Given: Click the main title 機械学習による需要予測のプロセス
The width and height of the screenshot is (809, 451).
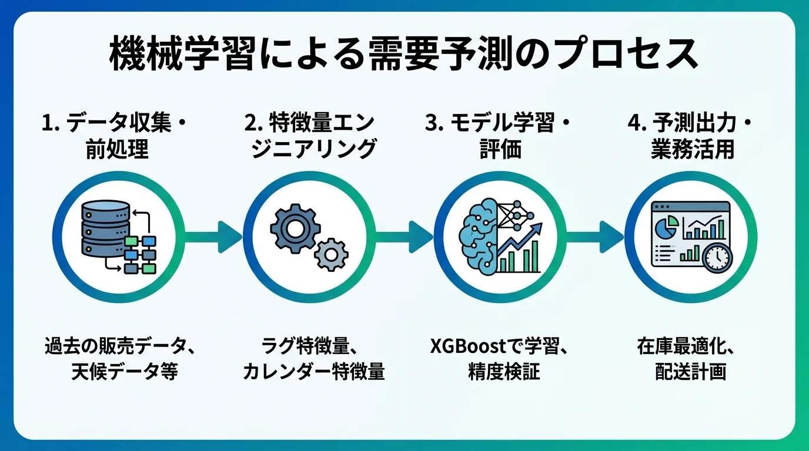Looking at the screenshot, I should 404,55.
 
